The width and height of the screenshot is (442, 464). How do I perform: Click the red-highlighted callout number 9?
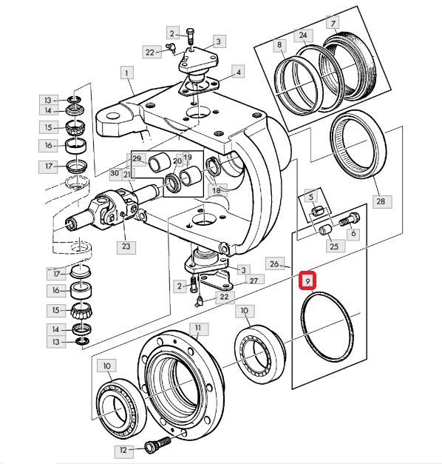pos(307,280)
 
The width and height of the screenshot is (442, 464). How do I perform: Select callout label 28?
pos(381,201)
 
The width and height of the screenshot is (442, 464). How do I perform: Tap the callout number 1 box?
pos(127,73)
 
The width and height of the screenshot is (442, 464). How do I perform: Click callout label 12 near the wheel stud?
pos(123,450)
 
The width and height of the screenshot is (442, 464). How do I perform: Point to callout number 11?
pos(198,329)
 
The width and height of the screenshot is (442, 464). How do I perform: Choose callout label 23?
pos(126,246)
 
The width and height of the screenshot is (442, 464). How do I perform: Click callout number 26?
pos(274,263)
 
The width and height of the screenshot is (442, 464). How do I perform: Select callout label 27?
pos(254,280)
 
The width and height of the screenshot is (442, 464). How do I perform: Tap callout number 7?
pos(333,24)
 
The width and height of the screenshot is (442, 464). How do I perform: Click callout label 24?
pos(303,36)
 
